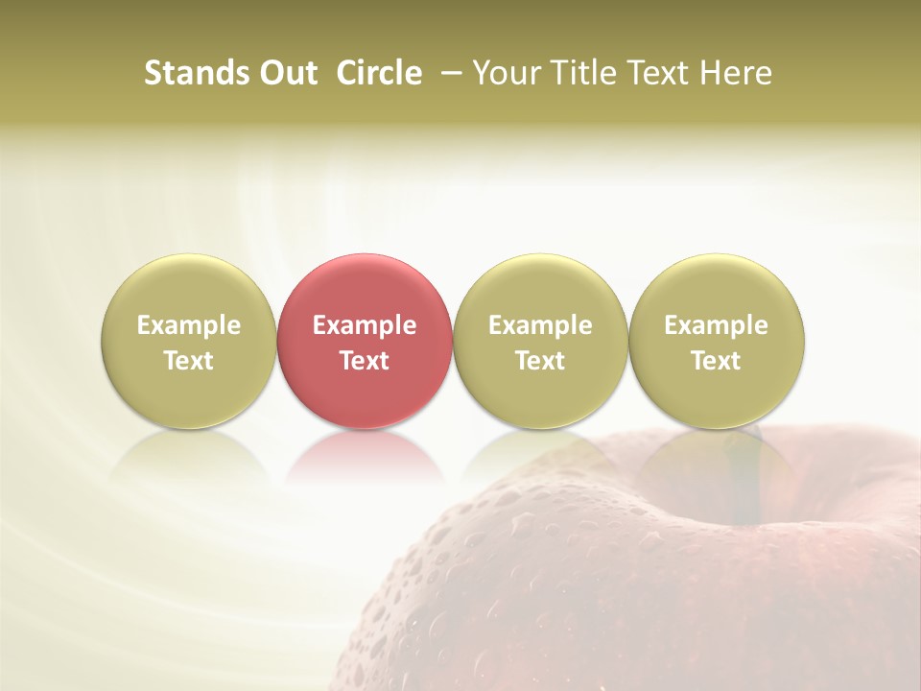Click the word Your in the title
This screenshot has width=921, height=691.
pos(503,73)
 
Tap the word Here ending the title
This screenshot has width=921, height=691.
pos(739,73)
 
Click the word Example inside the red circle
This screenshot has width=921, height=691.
pos(365,325)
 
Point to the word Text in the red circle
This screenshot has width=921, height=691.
pos(365,361)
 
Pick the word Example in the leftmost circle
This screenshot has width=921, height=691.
pos(188,325)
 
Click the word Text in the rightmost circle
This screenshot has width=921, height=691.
pos(717,361)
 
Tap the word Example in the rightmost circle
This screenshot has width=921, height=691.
pos(717,325)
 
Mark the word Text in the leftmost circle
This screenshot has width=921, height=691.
pos(188,361)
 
